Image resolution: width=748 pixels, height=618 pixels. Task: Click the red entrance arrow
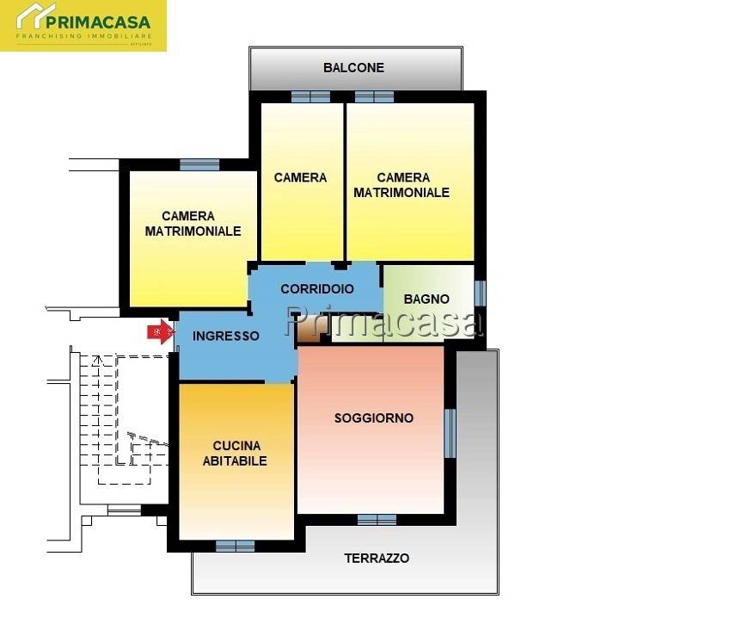coord(158,332)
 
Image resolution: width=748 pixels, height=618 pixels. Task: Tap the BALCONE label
coord(353,67)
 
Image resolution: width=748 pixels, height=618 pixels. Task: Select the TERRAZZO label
coord(377,558)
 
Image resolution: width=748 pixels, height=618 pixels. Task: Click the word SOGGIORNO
coord(373,418)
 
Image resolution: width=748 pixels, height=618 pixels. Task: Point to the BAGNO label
coord(427,300)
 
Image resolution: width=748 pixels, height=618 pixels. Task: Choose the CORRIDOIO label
coord(316,289)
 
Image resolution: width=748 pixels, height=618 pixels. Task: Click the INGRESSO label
coord(225,337)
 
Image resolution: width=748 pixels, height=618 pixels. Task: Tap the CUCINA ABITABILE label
coord(235,453)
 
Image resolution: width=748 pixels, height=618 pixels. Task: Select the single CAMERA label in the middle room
coord(300,177)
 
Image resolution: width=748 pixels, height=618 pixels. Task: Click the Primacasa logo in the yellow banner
coord(83,25)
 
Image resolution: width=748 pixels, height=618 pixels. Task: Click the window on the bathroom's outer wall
coord(480,293)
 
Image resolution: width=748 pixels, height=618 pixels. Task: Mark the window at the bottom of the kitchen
coord(235,546)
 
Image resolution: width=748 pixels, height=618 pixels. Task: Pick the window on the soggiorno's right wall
coord(449,433)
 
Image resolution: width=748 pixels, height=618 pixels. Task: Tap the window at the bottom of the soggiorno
coord(377,519)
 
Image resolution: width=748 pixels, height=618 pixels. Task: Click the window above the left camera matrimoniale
coord(199,164)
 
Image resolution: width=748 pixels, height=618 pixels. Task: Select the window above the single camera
coord(310,96)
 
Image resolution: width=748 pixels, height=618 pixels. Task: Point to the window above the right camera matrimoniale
coord(374,96)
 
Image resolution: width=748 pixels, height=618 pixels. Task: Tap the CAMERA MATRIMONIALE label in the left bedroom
coord(193,224)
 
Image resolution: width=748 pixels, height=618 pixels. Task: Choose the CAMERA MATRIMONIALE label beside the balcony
coord(402,185)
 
